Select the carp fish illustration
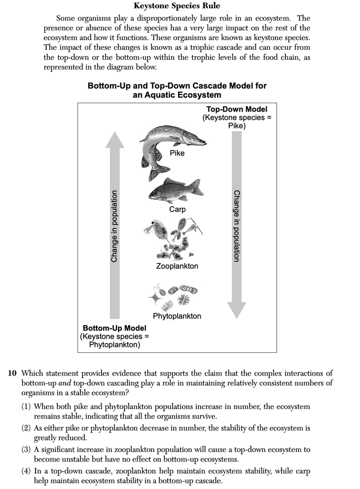tap(175, 190)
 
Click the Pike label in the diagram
tap(177, 153)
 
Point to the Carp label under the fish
tap(177, 209)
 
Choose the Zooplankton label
tap(177, 266)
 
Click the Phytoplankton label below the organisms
tap(177, 316)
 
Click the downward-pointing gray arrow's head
tap(237, 310)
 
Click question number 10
tap(13, 374)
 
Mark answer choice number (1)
tap(27, 407)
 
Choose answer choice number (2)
tap(27, 427)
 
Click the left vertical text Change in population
tap(114, 226)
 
